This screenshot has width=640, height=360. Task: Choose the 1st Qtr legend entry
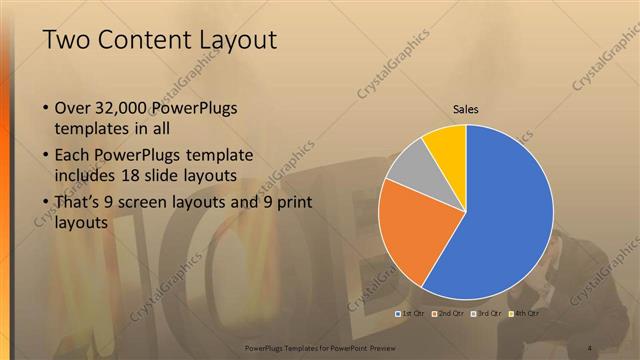coord(413,313)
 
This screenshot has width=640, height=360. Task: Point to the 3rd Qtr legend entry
coord(487,313)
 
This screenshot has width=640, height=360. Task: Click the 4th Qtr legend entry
coord(524,313)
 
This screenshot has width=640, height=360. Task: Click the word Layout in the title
coord(234,39)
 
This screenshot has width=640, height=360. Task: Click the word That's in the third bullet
coord(82,203)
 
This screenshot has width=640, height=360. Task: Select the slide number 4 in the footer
coord(591,347)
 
